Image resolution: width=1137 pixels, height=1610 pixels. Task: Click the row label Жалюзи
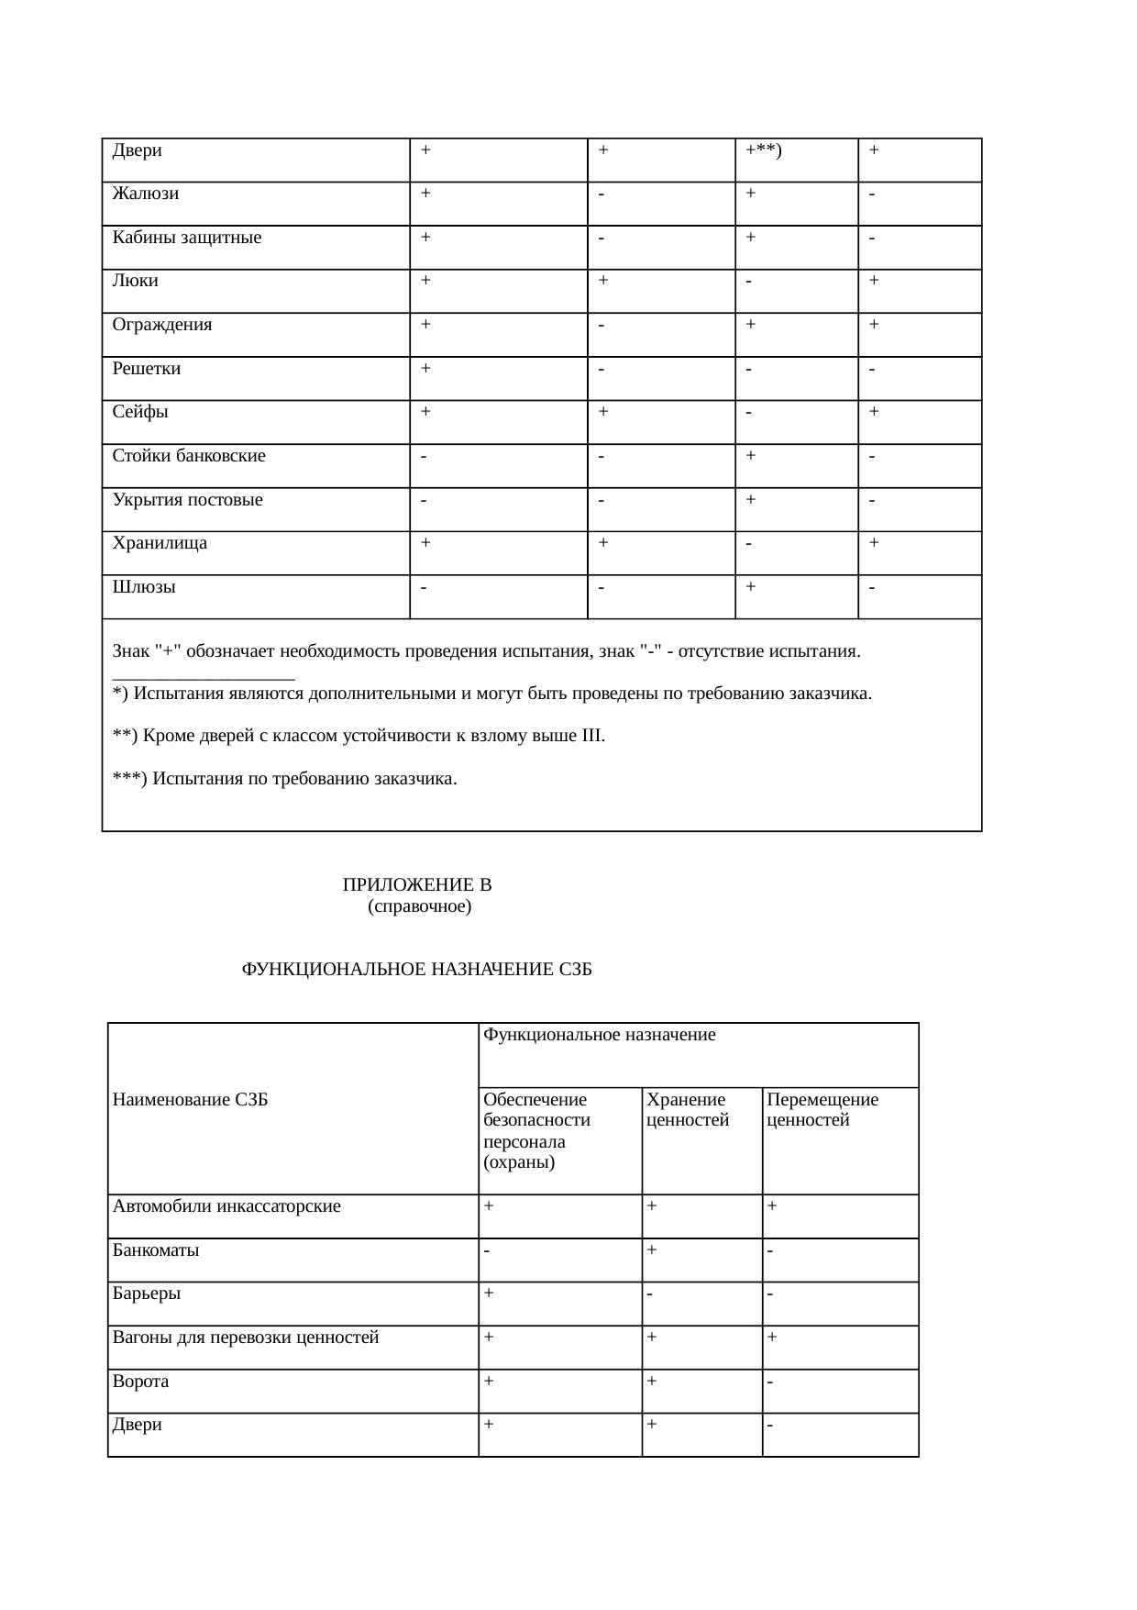pyautogui.click(x=146, y=194)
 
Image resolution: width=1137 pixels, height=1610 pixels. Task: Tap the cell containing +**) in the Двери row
pyautogui.click(x=763, y=150)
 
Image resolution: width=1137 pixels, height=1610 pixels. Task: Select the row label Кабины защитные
pyautogui.click(x=187, y=239)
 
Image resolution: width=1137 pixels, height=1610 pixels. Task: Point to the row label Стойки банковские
pyautogui.click(x=189, y=456)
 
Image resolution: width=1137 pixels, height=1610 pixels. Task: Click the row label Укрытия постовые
pyautogui.click(x=188, y=500)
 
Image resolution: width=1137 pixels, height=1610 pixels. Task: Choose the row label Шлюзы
pyautogui.click(x=144, y=587)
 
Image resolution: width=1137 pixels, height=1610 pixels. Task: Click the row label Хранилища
pyautogui.click(x=160, y=543)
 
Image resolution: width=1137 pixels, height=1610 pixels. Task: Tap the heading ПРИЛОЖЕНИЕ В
pyautogui.click(x=417, y=885)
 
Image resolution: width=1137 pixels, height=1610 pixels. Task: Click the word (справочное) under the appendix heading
pyautogui.click(x=419, y=907)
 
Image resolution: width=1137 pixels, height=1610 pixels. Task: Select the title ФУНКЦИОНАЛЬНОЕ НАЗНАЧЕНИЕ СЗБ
pyautogui.click(x=416, y=971)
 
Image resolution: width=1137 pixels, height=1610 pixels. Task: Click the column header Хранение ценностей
pyautogui.click(x=688, y=1110)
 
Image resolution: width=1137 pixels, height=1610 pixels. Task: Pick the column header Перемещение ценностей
pyautogui.click(x=822, y=1110)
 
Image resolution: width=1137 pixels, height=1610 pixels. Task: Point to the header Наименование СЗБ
pyautogui.click(x=190, y=1101)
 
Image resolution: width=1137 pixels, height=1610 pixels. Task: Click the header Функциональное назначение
pyautogui.click(x=599, y=1036)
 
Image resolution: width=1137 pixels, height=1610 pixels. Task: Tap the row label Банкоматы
pyautogui.click(x=156, y=1250)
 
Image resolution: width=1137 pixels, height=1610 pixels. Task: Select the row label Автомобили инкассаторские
pyautogui.click(x=226, y=1206)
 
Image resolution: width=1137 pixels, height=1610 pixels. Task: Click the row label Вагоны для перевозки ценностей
pyautogui.click(x=246, y=1338)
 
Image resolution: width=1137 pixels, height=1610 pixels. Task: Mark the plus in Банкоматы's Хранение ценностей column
pyautogui.click(x=651, y=1249)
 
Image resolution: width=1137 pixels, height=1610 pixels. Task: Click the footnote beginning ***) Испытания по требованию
pyautogui.click(x=284, y=779)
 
